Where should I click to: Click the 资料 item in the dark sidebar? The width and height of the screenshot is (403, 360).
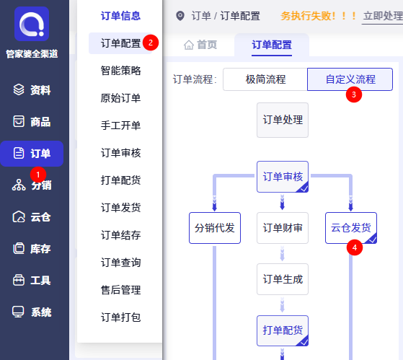(x=32, y=90)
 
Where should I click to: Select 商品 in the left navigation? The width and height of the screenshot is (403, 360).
(x=32, y=122)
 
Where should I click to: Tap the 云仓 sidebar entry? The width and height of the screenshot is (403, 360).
(x=32, y=217)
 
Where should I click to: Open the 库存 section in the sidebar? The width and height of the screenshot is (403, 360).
(x=32, y=249)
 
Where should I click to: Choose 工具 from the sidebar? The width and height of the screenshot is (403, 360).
(x=32, y=281)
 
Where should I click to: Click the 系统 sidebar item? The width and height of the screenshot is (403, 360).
(x=32, y=312)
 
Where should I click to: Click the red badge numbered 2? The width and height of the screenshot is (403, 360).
(x=151, y=43)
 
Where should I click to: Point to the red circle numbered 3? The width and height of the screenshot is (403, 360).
(x=354, y=95)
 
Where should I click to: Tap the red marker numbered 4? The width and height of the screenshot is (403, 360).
(x=355, y=247)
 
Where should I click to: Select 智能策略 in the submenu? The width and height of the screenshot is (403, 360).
(x=121, y=71)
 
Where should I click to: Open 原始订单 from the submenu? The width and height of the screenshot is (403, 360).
(x=121, y=98)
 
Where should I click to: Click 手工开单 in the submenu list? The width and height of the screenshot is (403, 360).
(x=121, y=126)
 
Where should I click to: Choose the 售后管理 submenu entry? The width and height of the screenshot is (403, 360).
(x=121, y=290)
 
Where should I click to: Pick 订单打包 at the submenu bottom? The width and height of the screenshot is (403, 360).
(x=121, y=317)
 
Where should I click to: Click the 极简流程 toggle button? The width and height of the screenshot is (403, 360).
(x=265, y=79)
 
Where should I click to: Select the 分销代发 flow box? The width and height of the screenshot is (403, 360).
(x=215, y=228)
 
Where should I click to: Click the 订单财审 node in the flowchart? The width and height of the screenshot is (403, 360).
(x=283, y=228)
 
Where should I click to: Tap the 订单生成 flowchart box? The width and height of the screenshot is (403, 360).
(x=283, y=279)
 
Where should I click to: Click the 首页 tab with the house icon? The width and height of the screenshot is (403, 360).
(x=200, y=45)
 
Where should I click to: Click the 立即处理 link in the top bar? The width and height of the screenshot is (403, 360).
(x=383, y=16)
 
